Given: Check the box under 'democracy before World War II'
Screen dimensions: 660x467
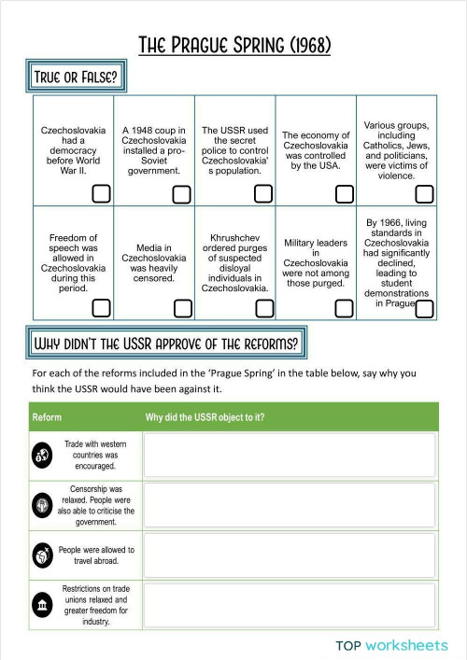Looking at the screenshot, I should (101, 194).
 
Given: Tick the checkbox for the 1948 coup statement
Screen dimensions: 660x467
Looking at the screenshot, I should (182, 194).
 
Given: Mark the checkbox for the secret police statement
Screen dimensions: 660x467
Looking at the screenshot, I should (263, 194).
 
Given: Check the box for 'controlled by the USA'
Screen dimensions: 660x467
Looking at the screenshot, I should (344, 194).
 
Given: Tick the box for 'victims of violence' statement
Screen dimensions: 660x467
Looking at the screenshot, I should (424, 194).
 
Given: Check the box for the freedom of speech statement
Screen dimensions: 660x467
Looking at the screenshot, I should (101, 308).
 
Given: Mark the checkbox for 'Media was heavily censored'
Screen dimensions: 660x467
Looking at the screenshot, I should (182, 308).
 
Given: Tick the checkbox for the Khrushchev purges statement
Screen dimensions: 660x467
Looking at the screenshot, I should (263, 308).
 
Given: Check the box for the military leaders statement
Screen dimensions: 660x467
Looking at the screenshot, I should (344, 308).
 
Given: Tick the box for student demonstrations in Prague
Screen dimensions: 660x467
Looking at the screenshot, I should (424, 308).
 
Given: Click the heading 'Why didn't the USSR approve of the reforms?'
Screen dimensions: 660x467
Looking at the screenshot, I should (165, 343).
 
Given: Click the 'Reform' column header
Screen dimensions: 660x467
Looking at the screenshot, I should (47, 416).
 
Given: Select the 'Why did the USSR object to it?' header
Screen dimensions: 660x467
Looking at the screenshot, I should (205, 416).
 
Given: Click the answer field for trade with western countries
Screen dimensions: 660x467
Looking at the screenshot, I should (290, 455).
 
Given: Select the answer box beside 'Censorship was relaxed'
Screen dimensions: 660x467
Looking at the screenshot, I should (290, 505).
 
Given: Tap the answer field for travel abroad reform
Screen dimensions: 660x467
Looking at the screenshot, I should (290, 555).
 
